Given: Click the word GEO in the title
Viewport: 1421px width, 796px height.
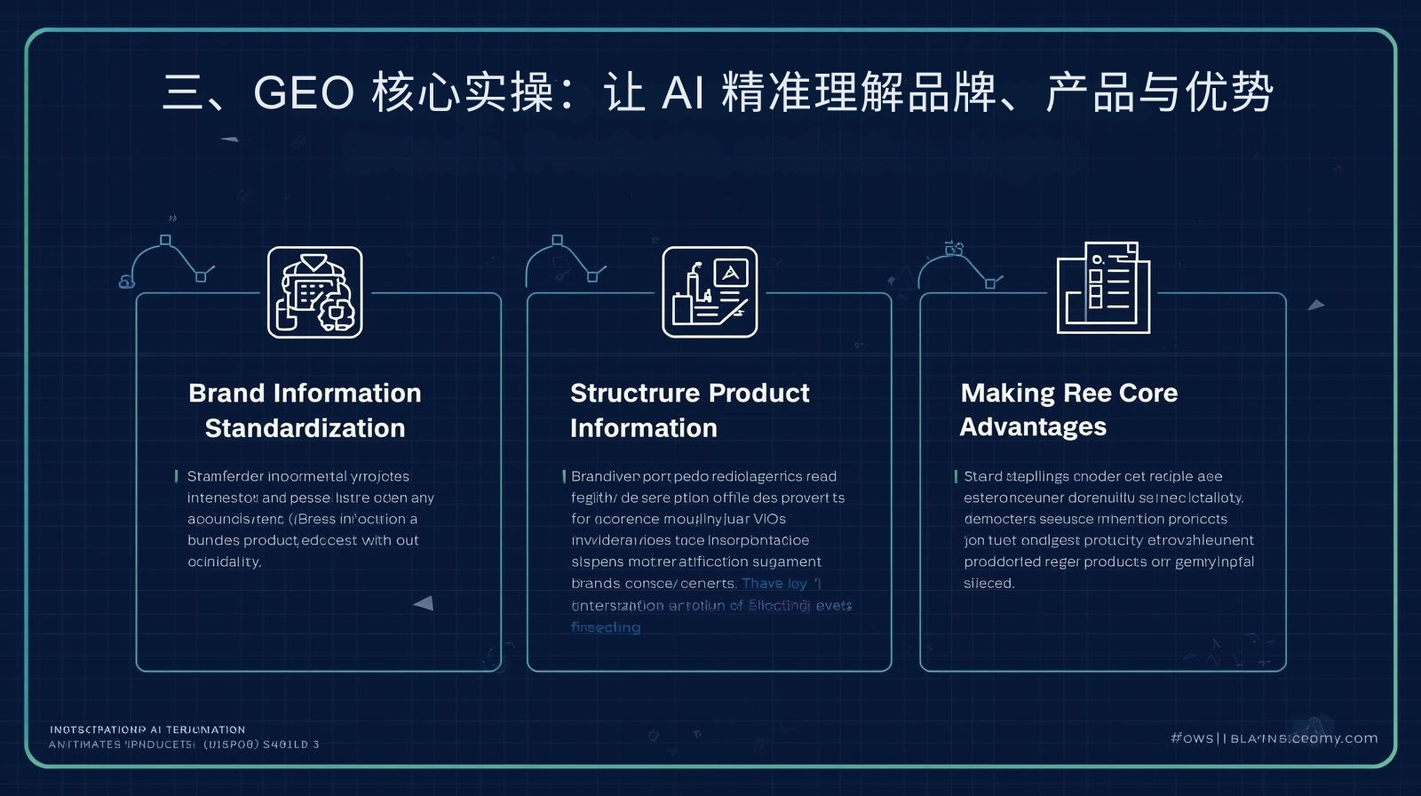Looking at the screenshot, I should (304, 92).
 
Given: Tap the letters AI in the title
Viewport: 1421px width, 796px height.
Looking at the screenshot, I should (683, 92).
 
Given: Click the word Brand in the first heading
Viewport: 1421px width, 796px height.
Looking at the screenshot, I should (226, 393).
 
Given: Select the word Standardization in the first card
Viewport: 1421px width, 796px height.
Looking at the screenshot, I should (305, 428).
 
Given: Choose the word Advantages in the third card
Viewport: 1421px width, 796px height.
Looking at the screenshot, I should (1033, 427).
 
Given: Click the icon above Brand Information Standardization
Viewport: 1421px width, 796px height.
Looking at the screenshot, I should (315, 292).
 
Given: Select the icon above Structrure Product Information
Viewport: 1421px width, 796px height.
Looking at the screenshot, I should (710, 292).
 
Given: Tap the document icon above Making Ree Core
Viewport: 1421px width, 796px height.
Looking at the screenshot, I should (1103, 288).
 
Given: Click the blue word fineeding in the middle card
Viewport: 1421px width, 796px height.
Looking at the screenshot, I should (606, 627).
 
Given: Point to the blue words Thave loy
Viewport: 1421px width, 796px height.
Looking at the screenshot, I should (774, 584).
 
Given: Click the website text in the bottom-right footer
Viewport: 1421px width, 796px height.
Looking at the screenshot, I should (1274, 738).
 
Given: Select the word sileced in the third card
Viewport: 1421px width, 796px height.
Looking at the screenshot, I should (988, 584).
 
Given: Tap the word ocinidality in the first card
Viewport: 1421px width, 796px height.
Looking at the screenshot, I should (224, 562).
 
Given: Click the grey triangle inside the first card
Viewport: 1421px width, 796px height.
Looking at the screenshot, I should (424, 603).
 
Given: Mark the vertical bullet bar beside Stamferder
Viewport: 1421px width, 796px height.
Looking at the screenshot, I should (177, 476).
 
